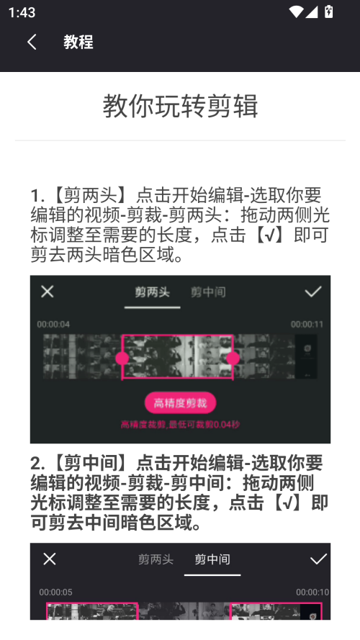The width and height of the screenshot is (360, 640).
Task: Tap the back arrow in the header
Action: point(32,42)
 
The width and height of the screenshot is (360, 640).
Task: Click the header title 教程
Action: point(78,42)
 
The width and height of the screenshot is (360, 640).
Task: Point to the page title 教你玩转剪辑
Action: point(180,106)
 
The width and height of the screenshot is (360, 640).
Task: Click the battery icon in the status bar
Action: point(329,12)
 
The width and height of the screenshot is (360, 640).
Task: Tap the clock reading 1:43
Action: point(23,12)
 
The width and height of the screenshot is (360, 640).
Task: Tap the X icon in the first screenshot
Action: point(47,292)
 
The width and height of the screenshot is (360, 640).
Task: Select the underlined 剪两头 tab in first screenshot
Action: point(152,292)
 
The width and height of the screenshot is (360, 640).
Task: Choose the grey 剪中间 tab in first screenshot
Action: point(208,292)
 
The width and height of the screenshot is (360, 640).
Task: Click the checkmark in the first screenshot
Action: point(312,292)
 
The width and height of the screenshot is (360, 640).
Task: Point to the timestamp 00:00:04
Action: point(53,325)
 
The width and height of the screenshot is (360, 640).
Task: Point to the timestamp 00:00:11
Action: point(307,325)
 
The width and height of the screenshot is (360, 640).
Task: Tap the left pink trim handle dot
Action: point(122,358)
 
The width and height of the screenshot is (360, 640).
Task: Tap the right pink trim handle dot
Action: point(233,358)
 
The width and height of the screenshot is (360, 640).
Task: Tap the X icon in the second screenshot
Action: point(49,559)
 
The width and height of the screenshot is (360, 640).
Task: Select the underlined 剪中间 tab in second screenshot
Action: point(212,560)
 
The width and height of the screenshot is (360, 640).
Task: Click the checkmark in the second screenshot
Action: point(318,559)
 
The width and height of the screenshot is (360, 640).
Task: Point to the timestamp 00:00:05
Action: point(55,592)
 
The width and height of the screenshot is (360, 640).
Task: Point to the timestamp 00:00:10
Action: point(312,592)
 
